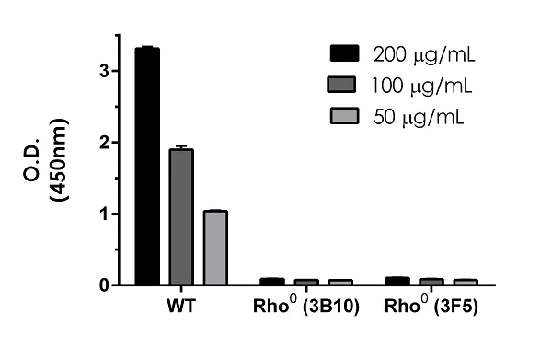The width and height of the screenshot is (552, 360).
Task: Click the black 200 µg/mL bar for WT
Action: (x=147, y=167)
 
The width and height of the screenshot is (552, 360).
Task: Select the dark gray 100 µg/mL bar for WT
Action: (x=181, y=217)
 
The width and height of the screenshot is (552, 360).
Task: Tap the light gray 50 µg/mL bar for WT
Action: (x=215, y=248)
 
